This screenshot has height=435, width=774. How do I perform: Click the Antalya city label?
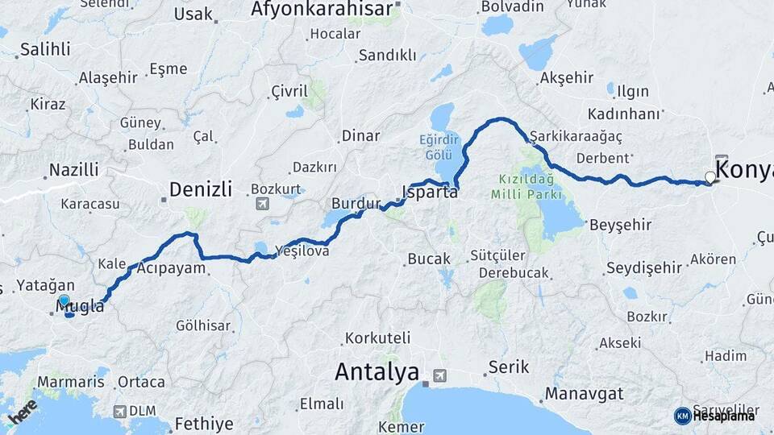point(377,371)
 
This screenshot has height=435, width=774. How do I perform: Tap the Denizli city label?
point(201,190)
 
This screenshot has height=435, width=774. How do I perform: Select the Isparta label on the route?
point(430,193)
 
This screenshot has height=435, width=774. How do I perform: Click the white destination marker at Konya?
point(709,177)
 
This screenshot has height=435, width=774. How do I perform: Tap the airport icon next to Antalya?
point(439,375)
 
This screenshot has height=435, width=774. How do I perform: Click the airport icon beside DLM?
point(120,411)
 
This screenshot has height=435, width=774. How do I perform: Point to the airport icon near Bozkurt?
point(261,204)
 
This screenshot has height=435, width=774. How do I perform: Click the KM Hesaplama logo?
point(714,416)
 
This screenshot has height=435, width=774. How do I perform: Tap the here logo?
point(23,411)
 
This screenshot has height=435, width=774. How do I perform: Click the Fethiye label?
point(203,424)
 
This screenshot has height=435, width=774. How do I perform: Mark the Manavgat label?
point(584,395)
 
